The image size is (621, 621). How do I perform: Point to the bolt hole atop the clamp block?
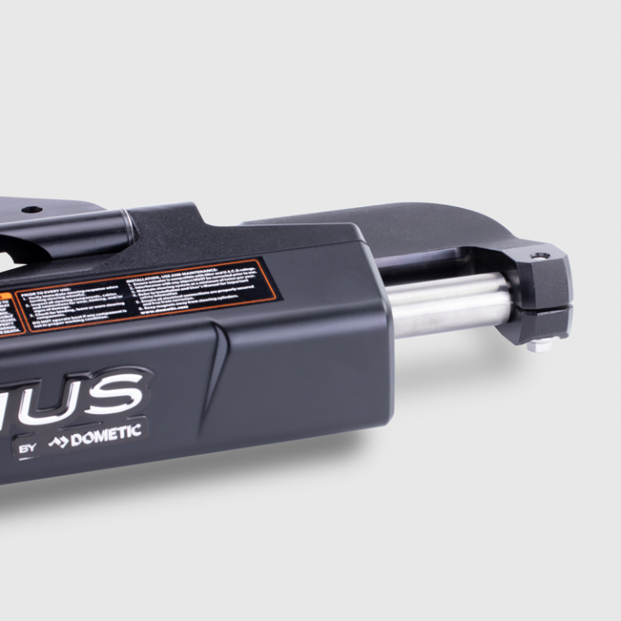(540, 256)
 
